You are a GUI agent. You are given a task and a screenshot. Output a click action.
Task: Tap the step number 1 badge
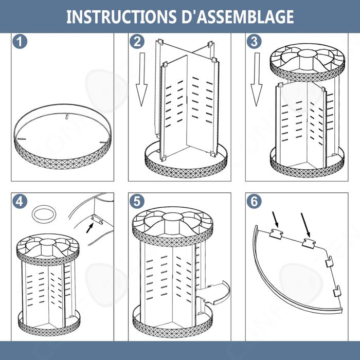coord(20,42)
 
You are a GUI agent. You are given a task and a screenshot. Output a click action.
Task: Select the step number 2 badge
coord(137,42)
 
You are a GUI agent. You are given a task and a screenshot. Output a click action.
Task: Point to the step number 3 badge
coord(254,42)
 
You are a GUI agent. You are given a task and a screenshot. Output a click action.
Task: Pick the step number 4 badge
coord(20,202)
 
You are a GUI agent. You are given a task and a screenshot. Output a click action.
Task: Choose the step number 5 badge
coord(137,202)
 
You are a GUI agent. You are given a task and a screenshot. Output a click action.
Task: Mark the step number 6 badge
coord(254,202)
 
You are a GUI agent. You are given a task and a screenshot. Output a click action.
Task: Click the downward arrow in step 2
coord(141,79)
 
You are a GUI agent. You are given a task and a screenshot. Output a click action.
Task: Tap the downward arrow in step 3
coord(256,79)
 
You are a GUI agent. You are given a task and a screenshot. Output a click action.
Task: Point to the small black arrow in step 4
coord(90,228)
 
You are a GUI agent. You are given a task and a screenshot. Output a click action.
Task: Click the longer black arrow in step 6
coord(305,225)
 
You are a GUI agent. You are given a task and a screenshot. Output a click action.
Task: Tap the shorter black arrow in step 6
coord(275,220)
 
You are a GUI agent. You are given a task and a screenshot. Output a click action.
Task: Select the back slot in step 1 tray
coord(67,116)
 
